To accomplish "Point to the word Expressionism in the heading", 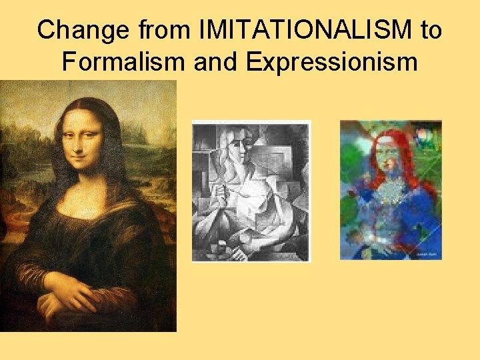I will pos(331,61).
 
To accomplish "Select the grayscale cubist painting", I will pos(251,191).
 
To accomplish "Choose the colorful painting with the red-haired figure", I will pos(391,189).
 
